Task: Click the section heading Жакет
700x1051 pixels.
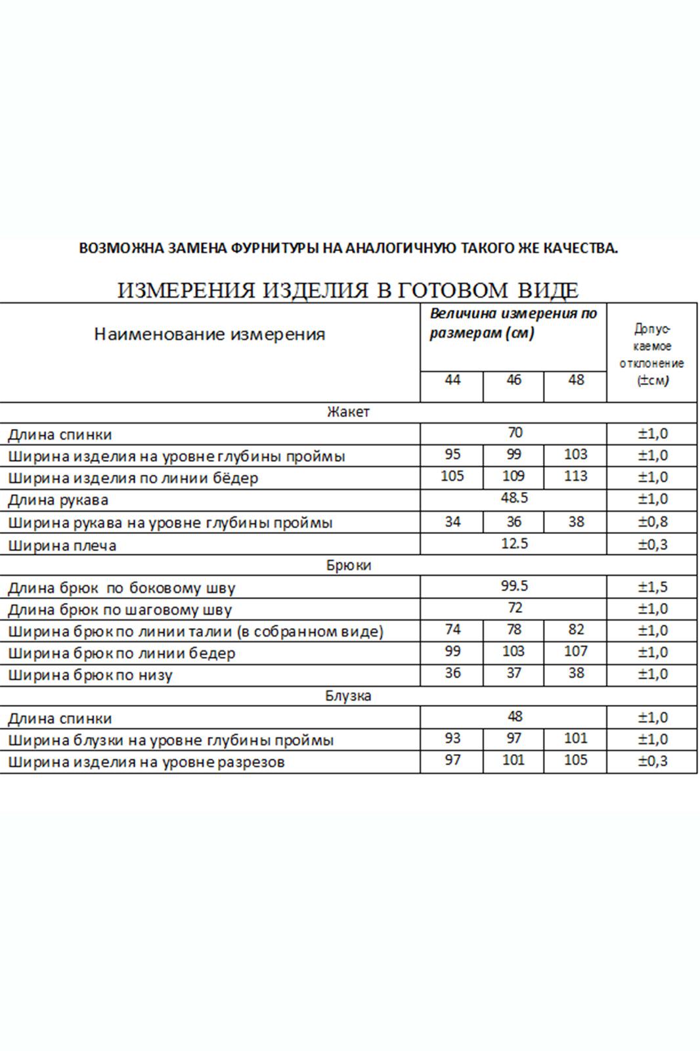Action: coord(348,412)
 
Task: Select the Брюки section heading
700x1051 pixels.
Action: coord(348,565)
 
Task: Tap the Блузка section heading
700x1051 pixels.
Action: coord(348,696)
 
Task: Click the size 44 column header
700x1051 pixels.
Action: coord(452,380)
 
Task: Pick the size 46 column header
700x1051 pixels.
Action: coord(514,380)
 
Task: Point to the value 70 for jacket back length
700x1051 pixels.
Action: coord(514,432)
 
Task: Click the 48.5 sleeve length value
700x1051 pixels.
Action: coord(514,498)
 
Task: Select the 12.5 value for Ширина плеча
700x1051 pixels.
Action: coord(514,543)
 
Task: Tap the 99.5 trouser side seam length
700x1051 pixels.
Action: coord(514,585)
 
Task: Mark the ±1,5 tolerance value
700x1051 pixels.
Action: coord(652,587)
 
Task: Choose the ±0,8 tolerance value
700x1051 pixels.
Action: coord(652,522)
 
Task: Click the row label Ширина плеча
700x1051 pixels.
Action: coord(62,545)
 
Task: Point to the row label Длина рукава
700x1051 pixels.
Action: coord(58,501)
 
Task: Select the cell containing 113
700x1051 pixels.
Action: coord(575,476)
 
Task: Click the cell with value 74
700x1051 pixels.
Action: coord(452,629)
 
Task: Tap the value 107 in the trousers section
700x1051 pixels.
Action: coord(575,651)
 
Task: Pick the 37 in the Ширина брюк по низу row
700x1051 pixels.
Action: coord(514,673)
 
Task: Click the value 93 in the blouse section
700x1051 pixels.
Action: coord(452,738)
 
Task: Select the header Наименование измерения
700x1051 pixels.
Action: coord(209,334)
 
